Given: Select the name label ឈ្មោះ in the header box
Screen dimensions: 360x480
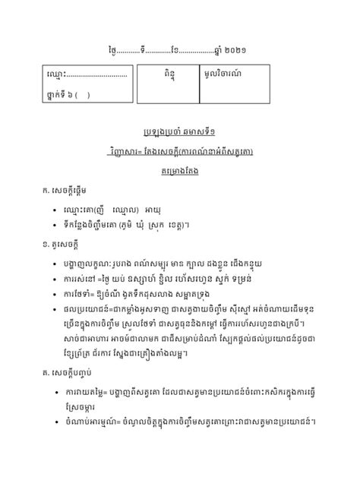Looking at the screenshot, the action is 57,75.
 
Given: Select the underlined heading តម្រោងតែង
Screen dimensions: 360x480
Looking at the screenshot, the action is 179,172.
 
